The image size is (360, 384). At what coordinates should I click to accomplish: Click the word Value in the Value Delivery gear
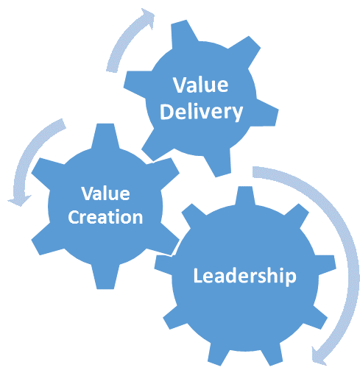[x=201, y=85]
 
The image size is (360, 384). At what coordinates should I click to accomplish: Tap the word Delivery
[x=201, y=112]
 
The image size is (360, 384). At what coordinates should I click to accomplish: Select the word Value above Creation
[x=105, y=193]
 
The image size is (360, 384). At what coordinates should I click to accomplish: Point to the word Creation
[x=105, y=217]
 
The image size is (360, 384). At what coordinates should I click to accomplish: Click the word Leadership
[x=245, y=276]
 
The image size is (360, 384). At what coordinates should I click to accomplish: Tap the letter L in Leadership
[x=198, y=275]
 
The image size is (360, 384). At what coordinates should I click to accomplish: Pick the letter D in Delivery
[x=167, y=112]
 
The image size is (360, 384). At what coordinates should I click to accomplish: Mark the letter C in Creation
[x=74, y=217]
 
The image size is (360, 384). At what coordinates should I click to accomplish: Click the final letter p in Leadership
[x=291, y=278]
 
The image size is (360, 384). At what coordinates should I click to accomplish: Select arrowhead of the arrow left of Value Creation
[x=19, y=200]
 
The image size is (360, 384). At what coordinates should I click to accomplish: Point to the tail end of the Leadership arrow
[x=253, y=171]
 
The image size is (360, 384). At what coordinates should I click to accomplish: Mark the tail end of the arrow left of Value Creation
[x=63, y=124]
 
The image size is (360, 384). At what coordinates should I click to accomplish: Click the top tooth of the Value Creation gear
[x=105, y=135]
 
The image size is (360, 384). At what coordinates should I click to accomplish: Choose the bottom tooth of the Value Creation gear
[x=105, y=277]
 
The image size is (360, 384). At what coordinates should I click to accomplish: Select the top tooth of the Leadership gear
[x=245, y=196]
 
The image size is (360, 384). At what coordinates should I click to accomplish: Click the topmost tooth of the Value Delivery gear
[x=184, y=33]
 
